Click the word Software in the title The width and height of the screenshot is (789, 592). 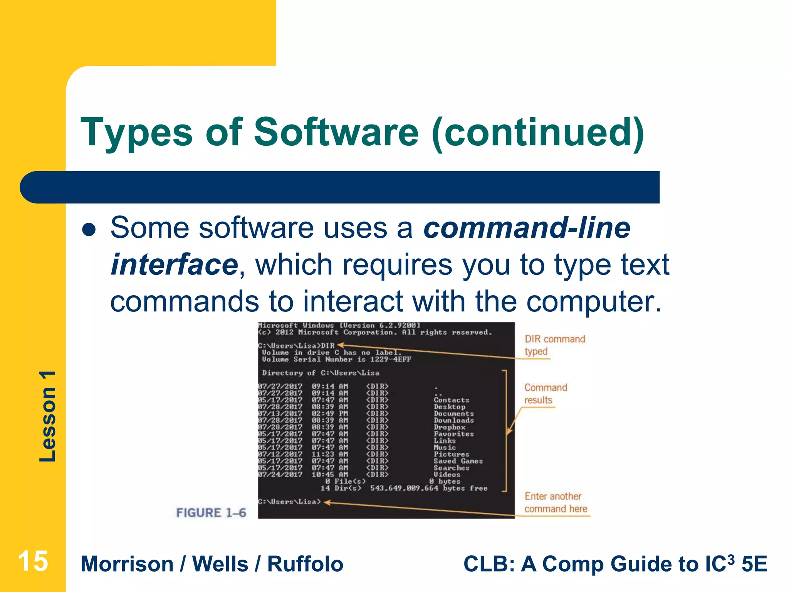click(x=336, y=132)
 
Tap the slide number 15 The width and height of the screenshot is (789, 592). click(x=33, y=561)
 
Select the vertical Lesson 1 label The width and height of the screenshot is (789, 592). click(x=48, y=416)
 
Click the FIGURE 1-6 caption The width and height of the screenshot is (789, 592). click(x=211, y=513)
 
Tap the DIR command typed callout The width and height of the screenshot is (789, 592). click(x=554, y=345)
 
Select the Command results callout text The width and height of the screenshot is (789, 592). click(x=546, y=394)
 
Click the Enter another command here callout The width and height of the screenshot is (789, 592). click(x=555, y=503)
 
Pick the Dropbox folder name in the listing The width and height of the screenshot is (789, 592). click(x=449, y=427)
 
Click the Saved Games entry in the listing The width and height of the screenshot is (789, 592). click(x=458, y=461)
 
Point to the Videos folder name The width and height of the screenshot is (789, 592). click(x=447, y=474)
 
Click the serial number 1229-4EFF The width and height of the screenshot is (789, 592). click(x=390, y=359)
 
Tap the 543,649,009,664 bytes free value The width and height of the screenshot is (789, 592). click(x=428, y=488)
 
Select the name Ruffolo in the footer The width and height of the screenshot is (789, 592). click(x=305, y=564)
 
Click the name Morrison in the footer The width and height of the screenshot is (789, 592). click(x=127, y=564)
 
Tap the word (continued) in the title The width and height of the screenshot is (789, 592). click(x=538, y=132)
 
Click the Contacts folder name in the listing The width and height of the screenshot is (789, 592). click(x=451, y=400)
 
